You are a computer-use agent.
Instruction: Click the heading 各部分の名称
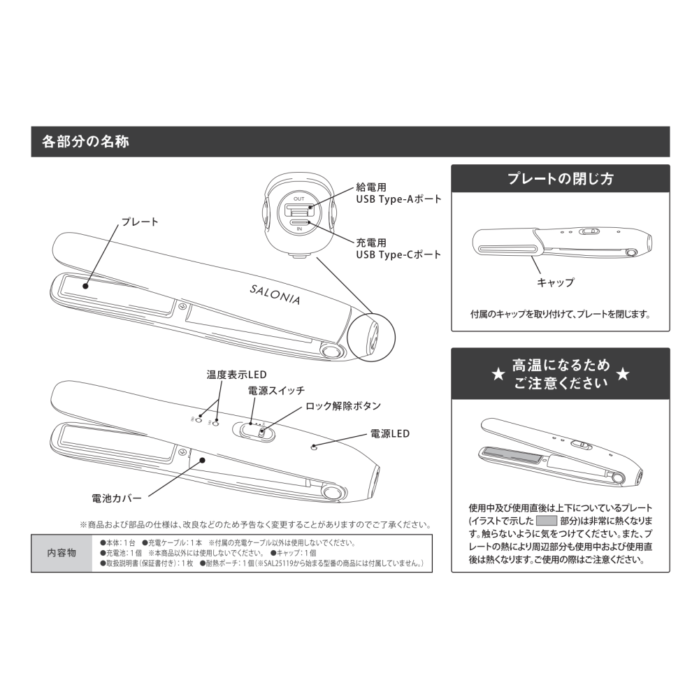[x=85, y=141]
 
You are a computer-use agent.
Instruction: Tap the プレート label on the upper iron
[x=140, y=222]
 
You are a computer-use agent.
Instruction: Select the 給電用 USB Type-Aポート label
[x=398, y=194]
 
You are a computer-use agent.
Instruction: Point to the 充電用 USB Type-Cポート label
[x=398, y=248]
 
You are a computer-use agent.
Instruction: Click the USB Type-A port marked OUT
[x=298, y=209]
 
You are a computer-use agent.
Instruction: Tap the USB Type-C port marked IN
[x=299, y=222]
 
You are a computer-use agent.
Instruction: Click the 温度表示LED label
[x=236, y=375]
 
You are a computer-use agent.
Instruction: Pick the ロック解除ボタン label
[x=343, y=405]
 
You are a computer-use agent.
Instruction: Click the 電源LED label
[x=389, y=433]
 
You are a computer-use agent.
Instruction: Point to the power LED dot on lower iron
[x=314, y=447]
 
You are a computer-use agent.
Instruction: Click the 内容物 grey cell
[x=62, y=553]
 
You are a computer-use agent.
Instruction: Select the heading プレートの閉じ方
[x=560, y=178]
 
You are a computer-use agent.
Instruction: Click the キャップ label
[x=555, y=282]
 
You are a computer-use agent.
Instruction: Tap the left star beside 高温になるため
[x=497, y=375]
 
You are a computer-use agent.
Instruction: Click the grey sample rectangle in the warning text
[x=545, y=521]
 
